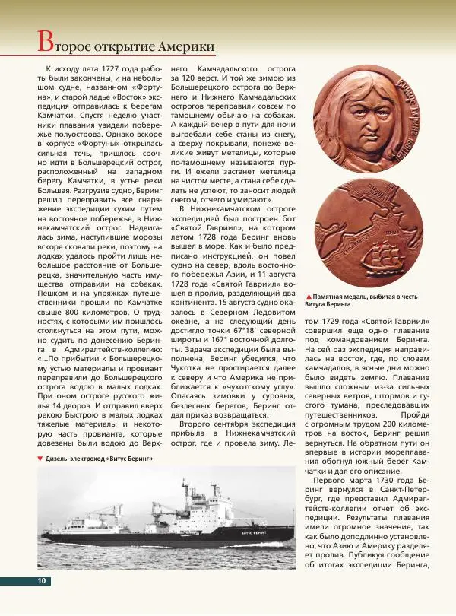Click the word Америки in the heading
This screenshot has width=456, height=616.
[184, 46]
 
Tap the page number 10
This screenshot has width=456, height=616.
[41, 581]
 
